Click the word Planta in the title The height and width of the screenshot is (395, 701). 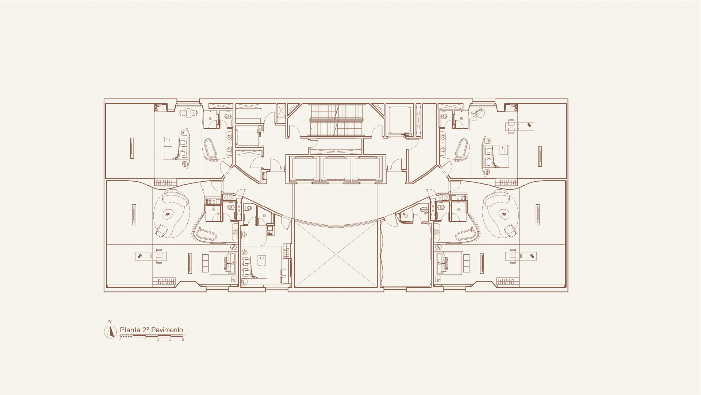point(130,330)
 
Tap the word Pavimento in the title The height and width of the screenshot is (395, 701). point(167,330)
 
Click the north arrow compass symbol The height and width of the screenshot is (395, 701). point(110,332)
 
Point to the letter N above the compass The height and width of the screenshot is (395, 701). point(110,322)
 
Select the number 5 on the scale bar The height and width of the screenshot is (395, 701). point(183,340)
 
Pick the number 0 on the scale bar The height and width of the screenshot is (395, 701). point(120,340)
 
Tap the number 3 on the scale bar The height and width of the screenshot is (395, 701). point(158,340)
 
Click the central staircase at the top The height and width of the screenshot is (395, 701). point(336,120)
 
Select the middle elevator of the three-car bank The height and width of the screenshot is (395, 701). point(336,169)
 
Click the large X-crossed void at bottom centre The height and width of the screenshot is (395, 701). point(335,254)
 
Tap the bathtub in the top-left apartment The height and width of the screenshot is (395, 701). point(210,149)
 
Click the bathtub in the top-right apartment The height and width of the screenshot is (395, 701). point(461,149)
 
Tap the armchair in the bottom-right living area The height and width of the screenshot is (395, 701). point(510,231)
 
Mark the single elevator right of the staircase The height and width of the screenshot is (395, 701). point(399,120)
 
